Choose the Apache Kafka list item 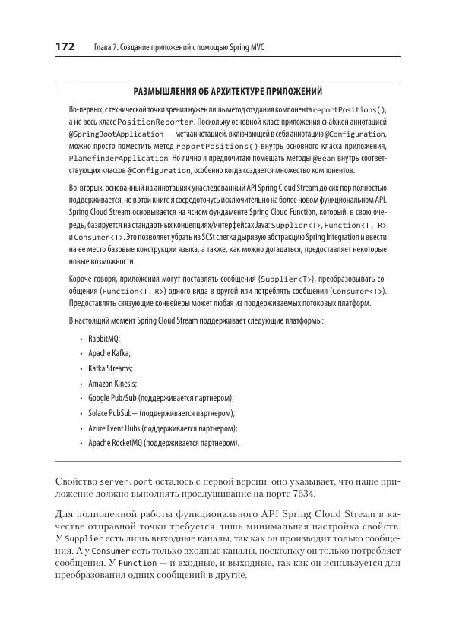(109, 352)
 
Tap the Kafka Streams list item (111, 368)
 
